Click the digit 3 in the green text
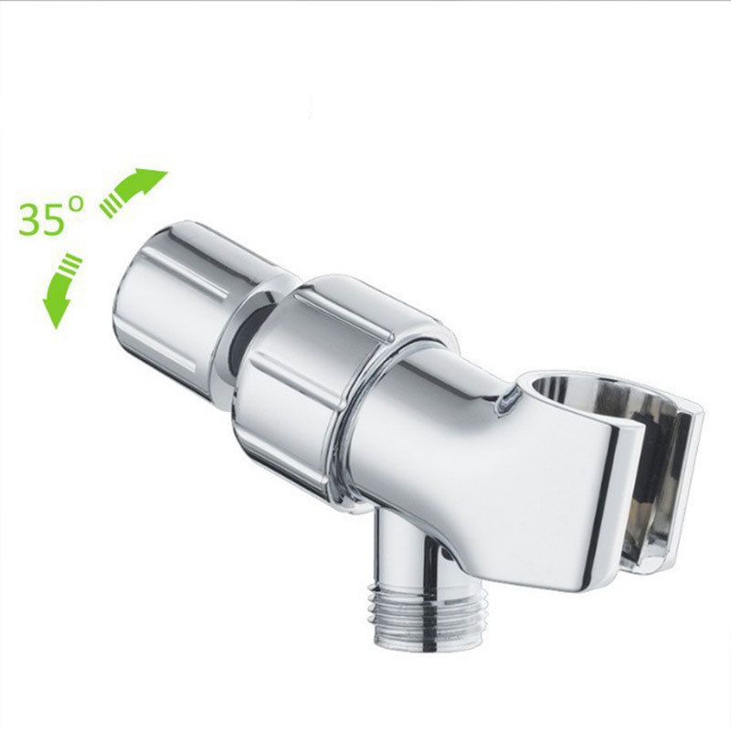pyautogui.click(x=29, y=218)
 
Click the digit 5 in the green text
pyautogui.click(x=52, y=218)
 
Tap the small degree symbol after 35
pyautogui.click(x=77, y=204)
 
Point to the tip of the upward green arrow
pyautogui.click(x=167, y=171)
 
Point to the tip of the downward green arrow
pyautogui.click(x=56, y=328)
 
